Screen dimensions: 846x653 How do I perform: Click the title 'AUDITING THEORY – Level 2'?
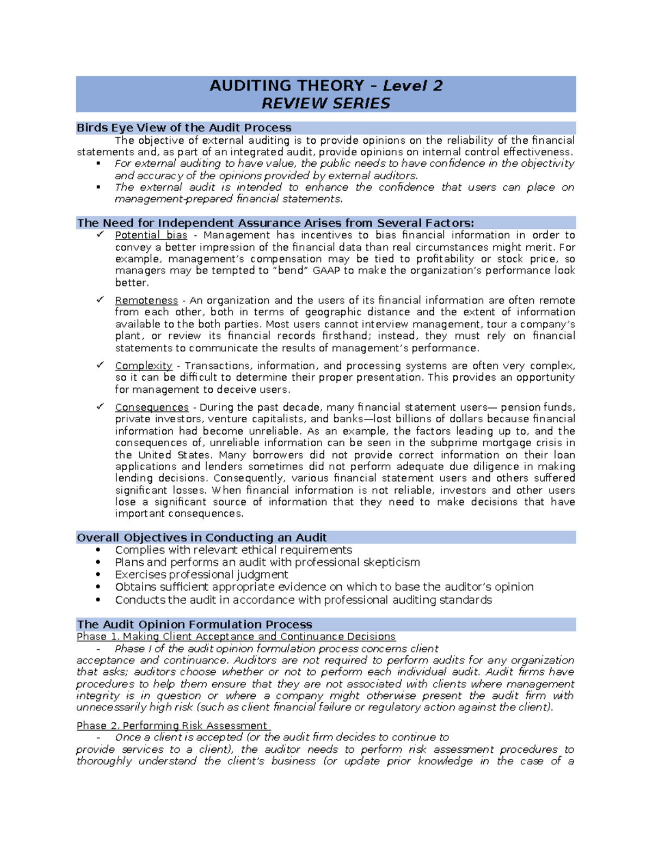(x=326, y=86)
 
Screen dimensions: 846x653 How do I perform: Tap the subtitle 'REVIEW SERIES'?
(x=326, y=104)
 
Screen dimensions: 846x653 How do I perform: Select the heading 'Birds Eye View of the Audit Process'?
(x=184, y=128)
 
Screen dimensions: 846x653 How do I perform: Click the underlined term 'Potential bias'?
(x=151, y=235)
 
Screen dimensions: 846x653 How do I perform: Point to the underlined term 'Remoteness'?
(x=146, y=301)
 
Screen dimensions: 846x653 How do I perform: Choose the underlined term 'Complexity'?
(x=144, y=366)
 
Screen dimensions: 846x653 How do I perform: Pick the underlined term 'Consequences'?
(x=152, y=407)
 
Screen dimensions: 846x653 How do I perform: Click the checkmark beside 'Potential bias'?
(x=100, y=235)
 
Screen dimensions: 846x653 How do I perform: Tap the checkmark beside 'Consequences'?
(x=100, y=406)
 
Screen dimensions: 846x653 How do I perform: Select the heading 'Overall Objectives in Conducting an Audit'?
(x=201, y=538)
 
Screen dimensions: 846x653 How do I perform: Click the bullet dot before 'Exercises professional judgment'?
(x=98, y=575)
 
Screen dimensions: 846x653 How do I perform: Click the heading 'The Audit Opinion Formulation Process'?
(x=194, y=625)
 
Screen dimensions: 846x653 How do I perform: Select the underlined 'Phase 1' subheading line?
(x=236, y=637)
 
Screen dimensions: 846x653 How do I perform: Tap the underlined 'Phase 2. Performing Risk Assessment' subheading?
(x=173, y=726)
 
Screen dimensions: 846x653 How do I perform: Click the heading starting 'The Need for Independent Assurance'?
(x=275, y=223)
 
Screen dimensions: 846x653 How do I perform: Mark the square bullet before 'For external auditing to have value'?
(x=98, y=163)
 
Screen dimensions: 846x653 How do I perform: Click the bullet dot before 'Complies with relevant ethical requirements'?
(x=98, y=550)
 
